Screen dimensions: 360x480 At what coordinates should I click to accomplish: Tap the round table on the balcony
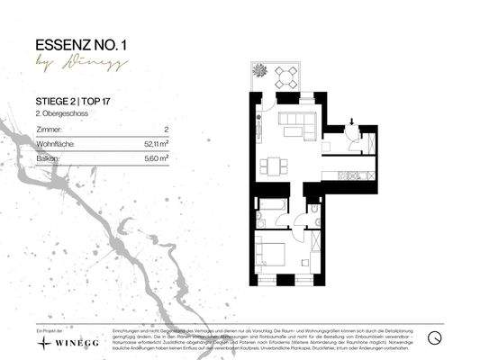[x=285, y=76]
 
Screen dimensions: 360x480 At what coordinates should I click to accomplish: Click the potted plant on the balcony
[x=258, y=69]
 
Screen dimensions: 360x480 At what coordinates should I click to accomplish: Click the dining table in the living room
[x=274, y=166]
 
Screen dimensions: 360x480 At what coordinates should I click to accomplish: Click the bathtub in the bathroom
[x=269, y=217]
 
